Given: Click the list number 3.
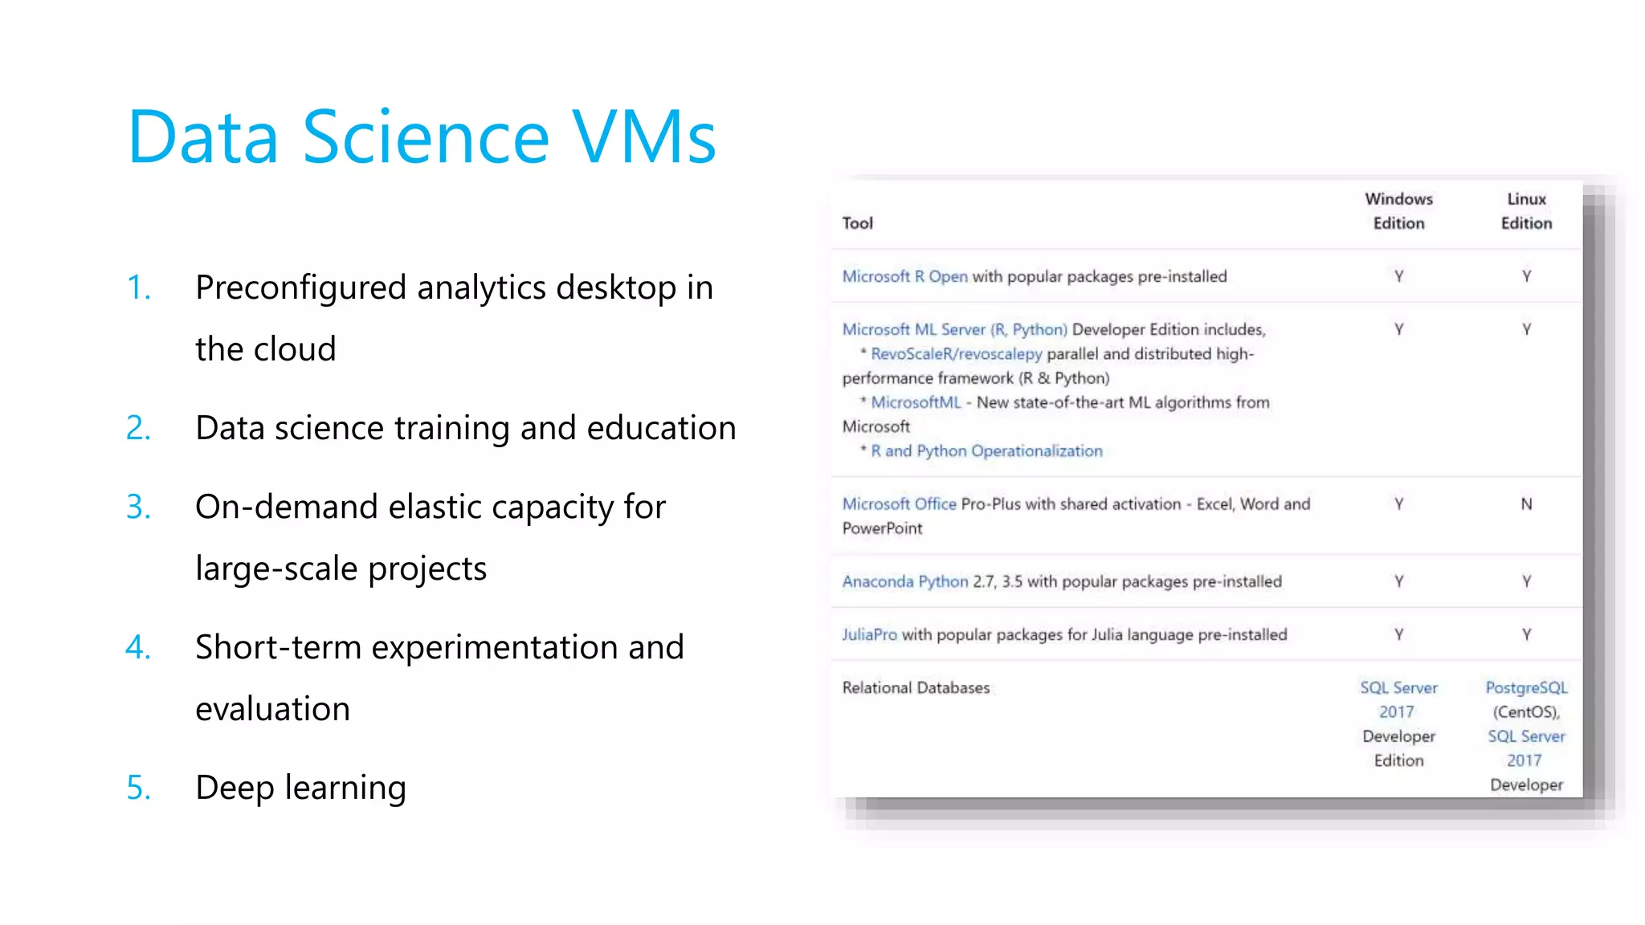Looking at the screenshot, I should pos(138,507).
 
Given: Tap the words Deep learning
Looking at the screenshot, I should pos(300,788).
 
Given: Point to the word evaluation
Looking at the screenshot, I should pos(272,709).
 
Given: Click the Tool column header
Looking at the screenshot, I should pos(857,223).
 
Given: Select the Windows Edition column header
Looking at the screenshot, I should pos(1398,211).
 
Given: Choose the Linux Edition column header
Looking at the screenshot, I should pos(1526,211).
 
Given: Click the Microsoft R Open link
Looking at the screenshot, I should pos(904,276).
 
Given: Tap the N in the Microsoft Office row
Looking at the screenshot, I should pos(1526,504).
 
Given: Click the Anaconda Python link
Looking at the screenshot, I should pos(904,581).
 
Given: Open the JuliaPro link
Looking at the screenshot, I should pos(869,634).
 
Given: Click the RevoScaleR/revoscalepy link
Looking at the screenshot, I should pos(956,354).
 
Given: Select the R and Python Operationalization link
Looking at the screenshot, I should pos(986,451).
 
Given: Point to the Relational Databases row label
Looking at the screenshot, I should pos(916,688).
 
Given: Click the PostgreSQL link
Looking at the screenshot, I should pos(1526,688).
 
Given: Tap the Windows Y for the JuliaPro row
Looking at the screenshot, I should pos(1398,634).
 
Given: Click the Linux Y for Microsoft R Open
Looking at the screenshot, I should pos(1526,276).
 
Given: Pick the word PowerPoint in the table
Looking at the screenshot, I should pos(882,528).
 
